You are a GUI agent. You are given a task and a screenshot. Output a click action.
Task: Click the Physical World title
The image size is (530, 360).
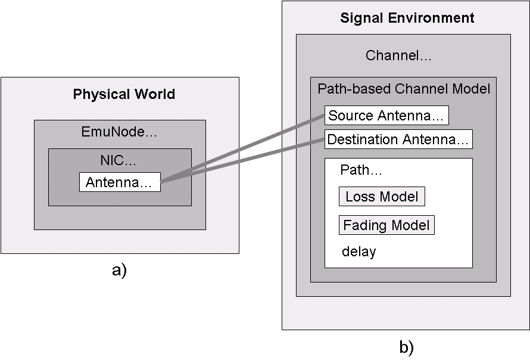[x=124, y=94]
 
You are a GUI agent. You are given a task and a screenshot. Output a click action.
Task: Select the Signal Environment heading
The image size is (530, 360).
[x=407, y=18]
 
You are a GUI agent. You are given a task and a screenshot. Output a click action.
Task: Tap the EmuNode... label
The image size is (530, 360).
[x=119, y=132]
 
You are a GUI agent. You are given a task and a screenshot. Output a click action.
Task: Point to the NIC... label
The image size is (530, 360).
[x=119, y=161]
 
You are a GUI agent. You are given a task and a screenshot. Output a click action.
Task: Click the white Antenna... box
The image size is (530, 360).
[x=120, y=182]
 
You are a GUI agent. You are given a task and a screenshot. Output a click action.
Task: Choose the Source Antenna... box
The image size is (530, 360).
[x=386, y=116]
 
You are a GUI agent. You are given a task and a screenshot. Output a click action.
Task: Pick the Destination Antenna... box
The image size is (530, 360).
[x=398, y=139]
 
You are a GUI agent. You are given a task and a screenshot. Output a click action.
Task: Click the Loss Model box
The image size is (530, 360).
[x=382, y=197]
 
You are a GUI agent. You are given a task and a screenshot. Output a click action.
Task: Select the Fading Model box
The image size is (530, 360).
[x=386, y=225]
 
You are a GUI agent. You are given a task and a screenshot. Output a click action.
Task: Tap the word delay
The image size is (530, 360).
[x=358, y=252]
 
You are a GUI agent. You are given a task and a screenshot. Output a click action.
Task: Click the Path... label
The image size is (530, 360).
[x=361, y=170]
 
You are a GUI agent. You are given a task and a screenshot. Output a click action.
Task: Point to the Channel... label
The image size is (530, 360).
[x=398, y=56]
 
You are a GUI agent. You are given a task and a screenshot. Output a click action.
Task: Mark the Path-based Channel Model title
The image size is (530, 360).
[x=404, y=89]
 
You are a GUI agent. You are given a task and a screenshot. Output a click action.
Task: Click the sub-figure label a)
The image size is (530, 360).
[x=119, y=270]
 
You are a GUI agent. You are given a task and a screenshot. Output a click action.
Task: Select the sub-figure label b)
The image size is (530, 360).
[x=406, y=347]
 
